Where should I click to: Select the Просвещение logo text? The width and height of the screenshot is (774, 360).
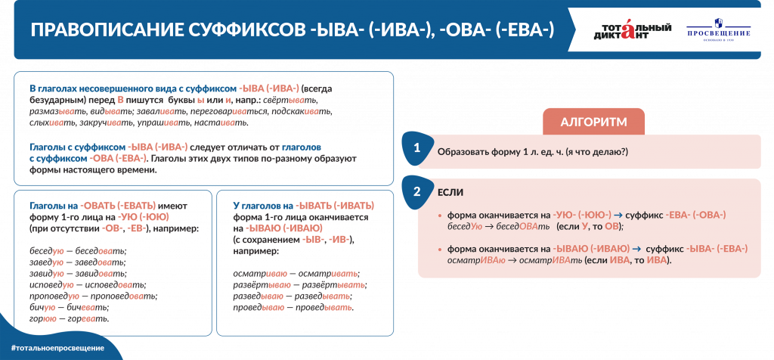click(718, 34)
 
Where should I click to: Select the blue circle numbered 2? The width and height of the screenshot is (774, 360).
click(416, 192)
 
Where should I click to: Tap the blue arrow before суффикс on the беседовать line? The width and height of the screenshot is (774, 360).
click(618, 216)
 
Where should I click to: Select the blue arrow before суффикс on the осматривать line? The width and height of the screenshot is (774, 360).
click(636, 249)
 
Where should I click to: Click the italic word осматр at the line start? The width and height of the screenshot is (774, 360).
click(460, 260)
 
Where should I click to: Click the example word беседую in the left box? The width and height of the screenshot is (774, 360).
click(45, 251)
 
